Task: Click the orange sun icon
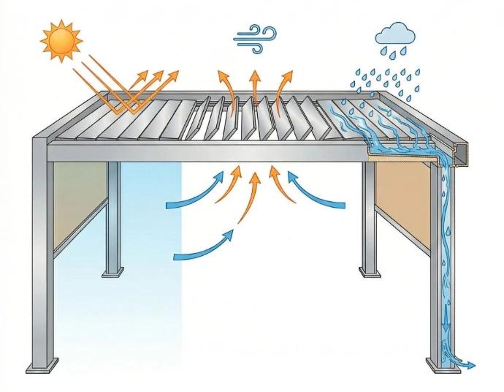coord(61,41)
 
